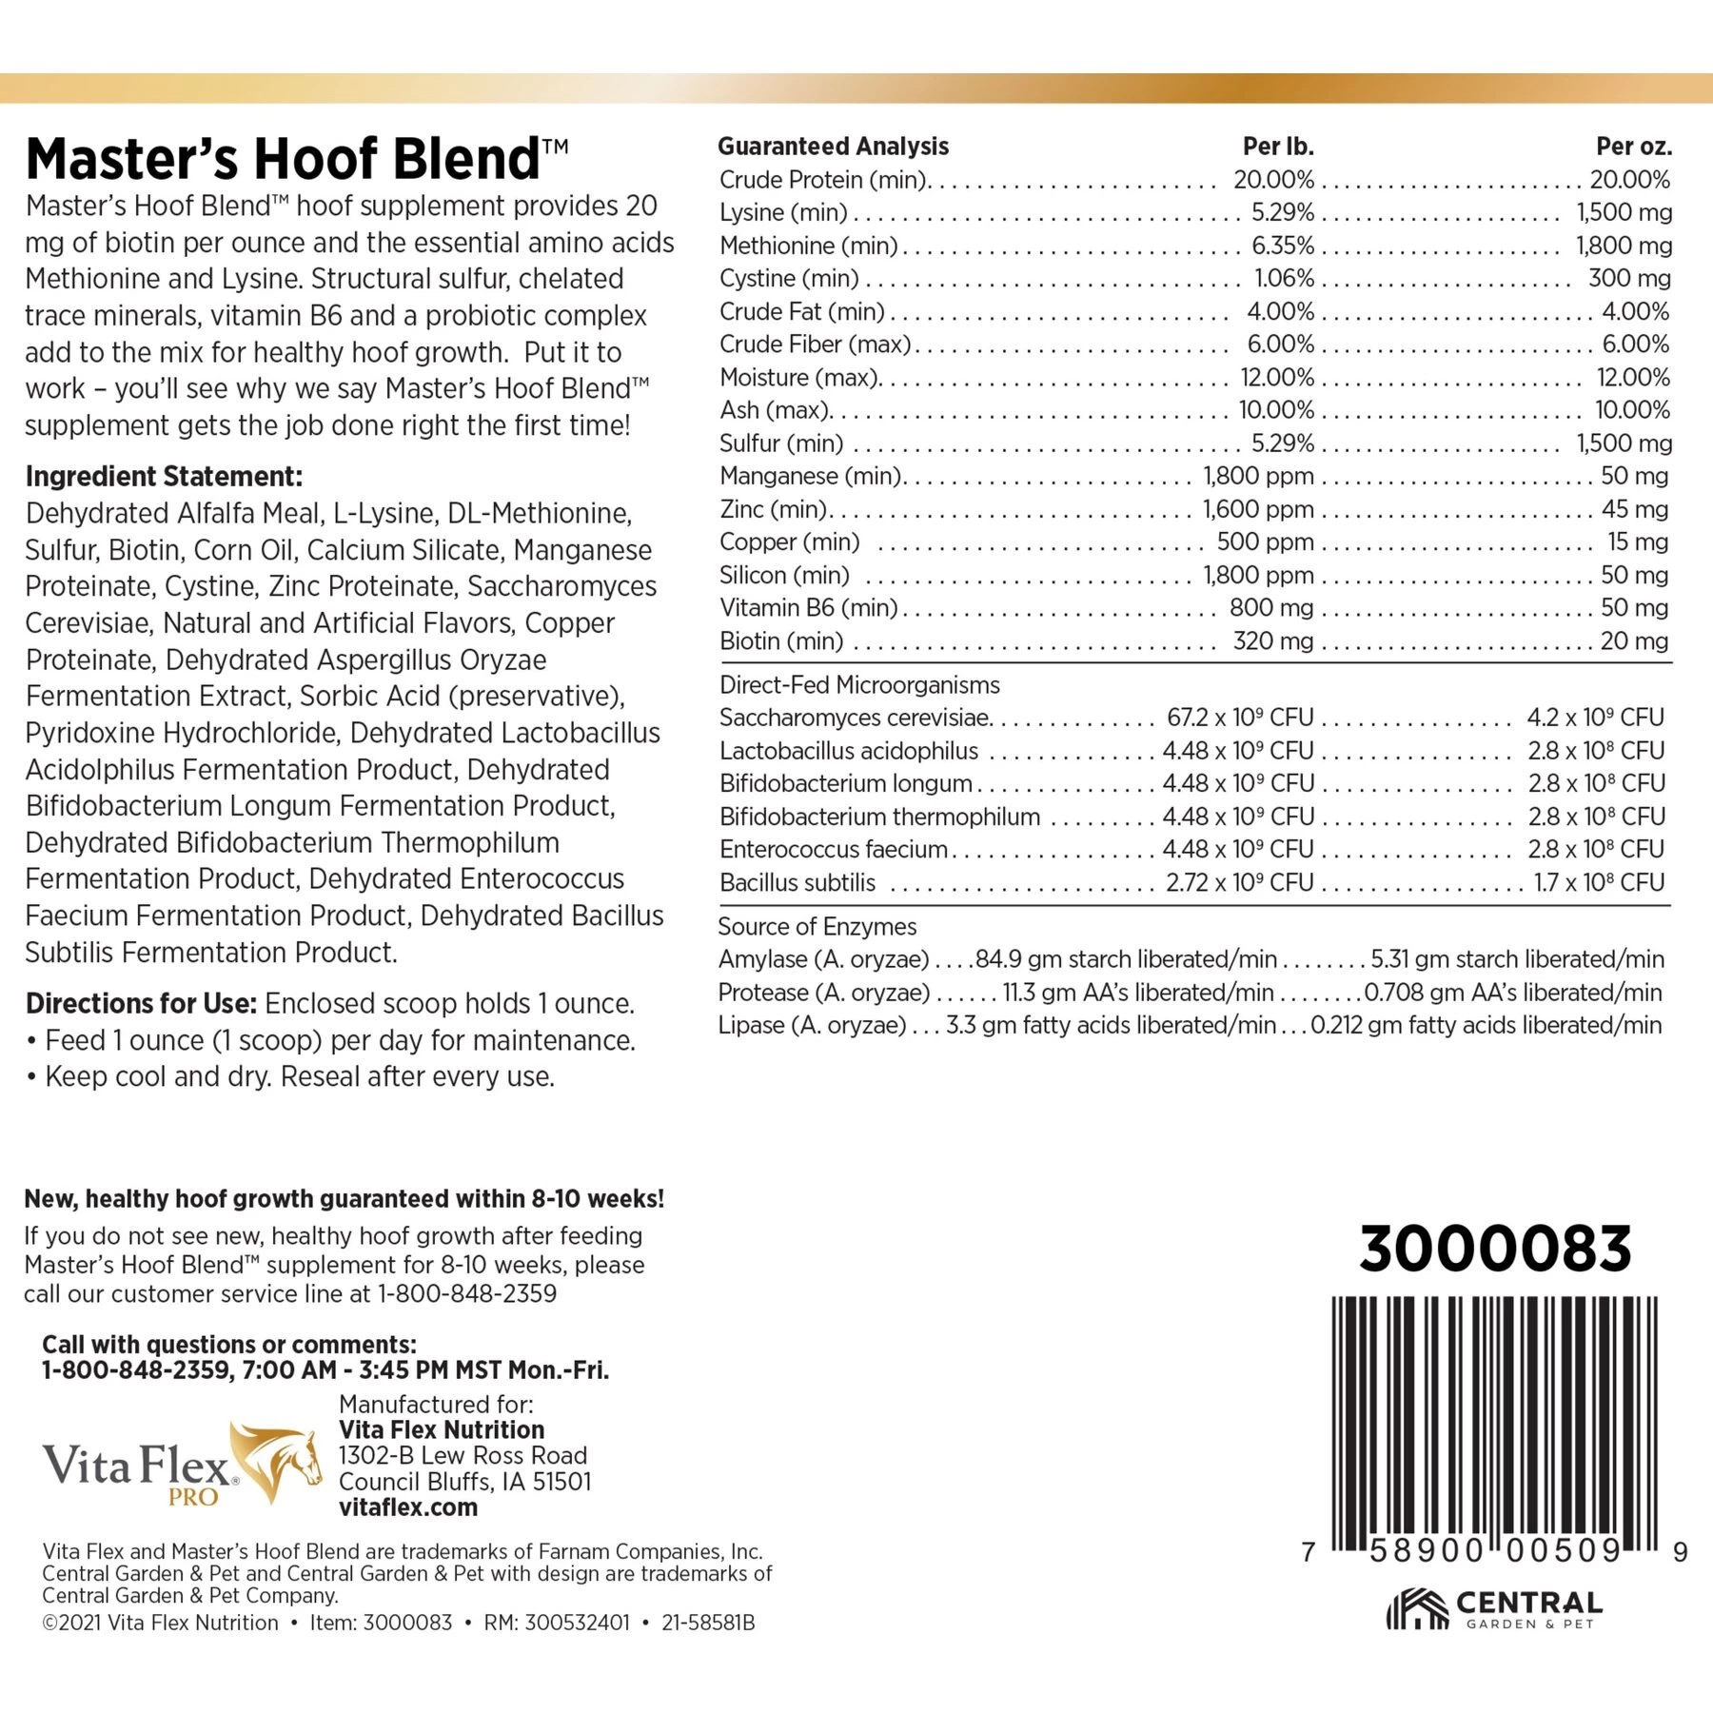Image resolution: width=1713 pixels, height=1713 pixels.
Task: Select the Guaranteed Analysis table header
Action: pos(833,147)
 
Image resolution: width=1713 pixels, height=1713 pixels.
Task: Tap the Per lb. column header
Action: pos(1277,147)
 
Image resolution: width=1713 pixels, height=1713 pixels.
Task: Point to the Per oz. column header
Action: pos(1633,147)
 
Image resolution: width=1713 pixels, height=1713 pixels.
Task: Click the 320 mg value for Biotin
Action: pos(1272,641)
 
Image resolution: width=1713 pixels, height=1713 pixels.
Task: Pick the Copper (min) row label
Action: pos(789,542)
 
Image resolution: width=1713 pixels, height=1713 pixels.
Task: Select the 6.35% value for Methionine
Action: pos(1282,246)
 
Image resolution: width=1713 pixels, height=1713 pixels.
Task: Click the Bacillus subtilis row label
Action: pos(797,883)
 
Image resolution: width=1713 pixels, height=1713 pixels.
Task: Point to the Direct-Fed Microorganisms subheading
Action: pos(859,685)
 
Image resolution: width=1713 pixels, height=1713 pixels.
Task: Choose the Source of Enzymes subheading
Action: pos(817,927)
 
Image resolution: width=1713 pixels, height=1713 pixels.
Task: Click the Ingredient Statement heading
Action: pos(164,477)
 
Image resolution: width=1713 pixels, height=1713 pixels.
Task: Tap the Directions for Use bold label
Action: pos(141,1004)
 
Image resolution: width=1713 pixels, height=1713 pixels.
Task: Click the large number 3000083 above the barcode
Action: pos(1495,1249)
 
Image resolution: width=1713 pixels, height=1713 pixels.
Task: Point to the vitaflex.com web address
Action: pos(408,1508)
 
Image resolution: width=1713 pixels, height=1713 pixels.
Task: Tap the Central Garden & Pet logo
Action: pos(1494,1608)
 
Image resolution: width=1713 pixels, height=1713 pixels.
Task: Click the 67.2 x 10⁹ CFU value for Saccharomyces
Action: pos(1239,718)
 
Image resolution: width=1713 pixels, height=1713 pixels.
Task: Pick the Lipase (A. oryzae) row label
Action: pos(811,1026)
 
